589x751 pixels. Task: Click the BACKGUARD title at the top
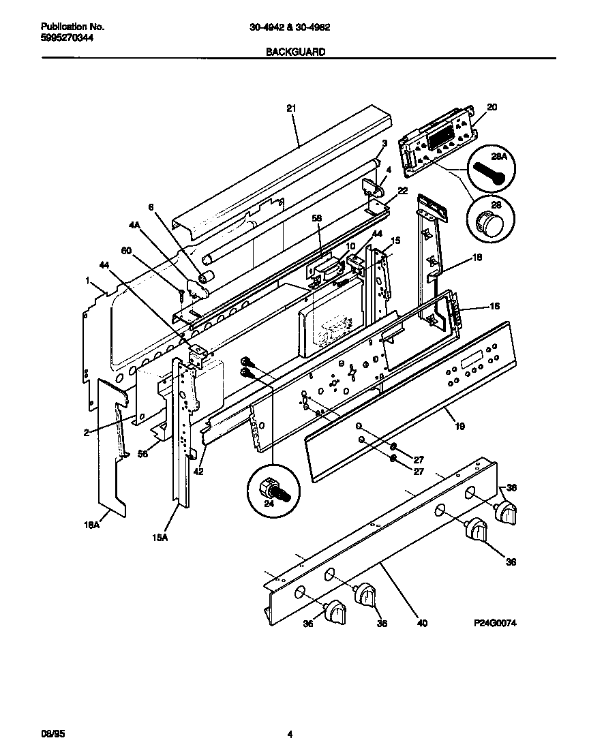click(296, 51)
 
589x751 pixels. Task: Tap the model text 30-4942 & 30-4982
click(294, 27)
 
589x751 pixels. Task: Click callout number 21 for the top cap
click(291, 108)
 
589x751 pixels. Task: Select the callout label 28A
click(499, 157)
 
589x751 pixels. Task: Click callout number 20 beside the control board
click(492, 106)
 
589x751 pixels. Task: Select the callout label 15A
click(159, 538)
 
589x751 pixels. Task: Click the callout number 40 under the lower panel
click(422, 623)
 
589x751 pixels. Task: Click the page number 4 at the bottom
click(290, 734)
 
